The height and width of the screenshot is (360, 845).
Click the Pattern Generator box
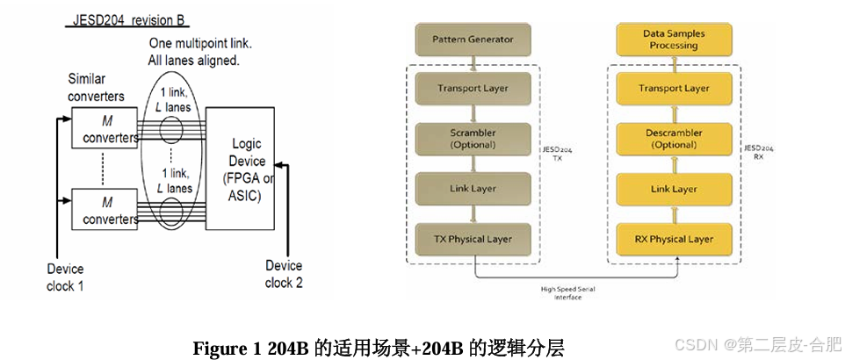[473, 40]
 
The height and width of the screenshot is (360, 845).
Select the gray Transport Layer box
[473, 88]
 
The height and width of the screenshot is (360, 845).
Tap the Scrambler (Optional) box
[473, 138]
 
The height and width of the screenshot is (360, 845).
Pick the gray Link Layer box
[473, 188]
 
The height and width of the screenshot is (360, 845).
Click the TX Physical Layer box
[473, 238]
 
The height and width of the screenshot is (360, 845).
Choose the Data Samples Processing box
[674, 40]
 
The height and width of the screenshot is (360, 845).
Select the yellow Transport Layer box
[674, 88]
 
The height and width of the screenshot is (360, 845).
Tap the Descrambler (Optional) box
[674, 138]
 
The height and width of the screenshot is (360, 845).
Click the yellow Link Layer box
[674, 188]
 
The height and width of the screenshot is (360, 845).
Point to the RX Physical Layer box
[674, 238]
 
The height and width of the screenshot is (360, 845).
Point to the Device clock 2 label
[284, 274]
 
